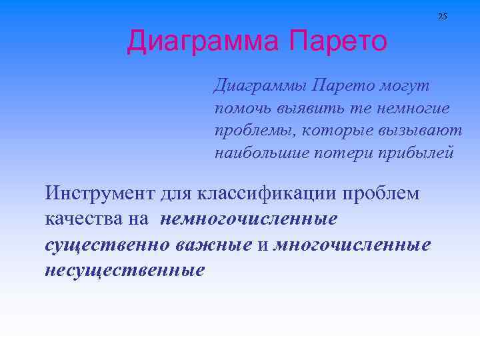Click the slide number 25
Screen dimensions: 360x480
pos(443,16)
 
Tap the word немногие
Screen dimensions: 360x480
pos(412,109)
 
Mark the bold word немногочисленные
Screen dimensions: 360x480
pos(249,219)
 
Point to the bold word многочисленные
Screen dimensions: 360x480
pos(351,244)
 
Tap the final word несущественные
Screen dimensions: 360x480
pos(125,270)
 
